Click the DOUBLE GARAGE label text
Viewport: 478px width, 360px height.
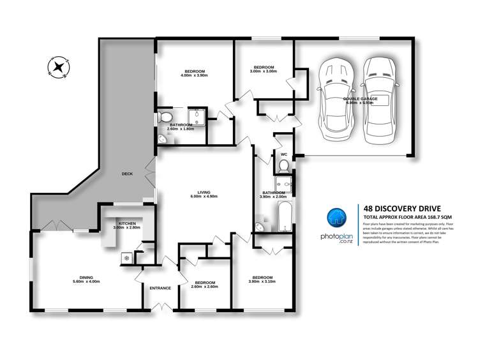coord(361,99)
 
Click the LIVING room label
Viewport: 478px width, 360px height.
coord(204,192)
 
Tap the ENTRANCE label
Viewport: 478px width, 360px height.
coord(160,288)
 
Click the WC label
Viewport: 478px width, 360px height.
coord(283,154)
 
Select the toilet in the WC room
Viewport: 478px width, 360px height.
coord(285,167)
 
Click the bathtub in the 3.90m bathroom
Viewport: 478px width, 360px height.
coord(285,216)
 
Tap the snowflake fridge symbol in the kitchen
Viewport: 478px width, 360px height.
coord(126,258)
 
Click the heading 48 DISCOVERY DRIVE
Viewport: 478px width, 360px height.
coord(399,207)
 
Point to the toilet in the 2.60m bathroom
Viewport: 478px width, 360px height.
coord(165,117)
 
